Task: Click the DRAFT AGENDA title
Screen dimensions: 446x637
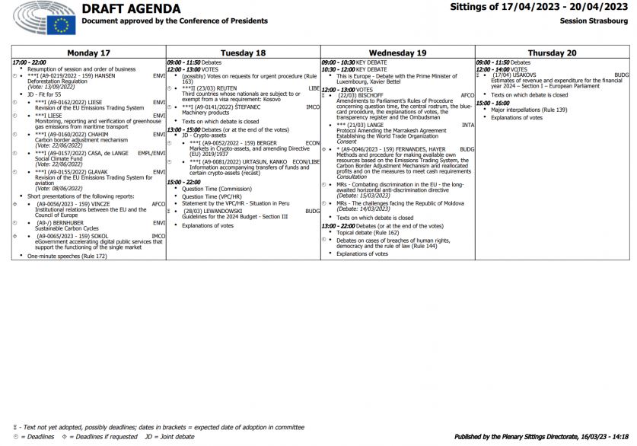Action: pyautogui.click(x=131, y=9)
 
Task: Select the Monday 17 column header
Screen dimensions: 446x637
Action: pyautogui.click(x=89, y=53)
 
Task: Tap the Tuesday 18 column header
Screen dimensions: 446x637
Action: pyautogui.click(x=244, y=53)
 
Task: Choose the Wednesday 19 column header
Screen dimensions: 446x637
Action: pyautogui.click(x=397, y=53)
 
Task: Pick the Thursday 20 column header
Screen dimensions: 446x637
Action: pyautogui.click(x=553, y=53)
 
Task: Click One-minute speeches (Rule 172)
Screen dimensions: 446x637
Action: pyautogui.click(x=67, y=256)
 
